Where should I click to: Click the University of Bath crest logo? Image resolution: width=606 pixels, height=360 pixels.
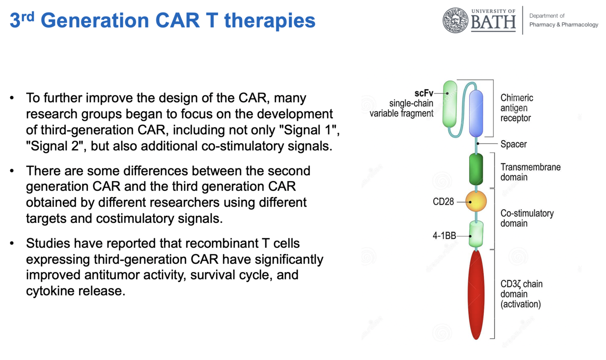coord(455,20)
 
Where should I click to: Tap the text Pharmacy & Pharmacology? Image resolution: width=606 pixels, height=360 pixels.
coord(564,25)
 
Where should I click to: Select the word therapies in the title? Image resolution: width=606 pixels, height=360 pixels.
coord(270,21)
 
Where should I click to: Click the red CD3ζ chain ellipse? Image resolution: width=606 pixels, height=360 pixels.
coord(476,294)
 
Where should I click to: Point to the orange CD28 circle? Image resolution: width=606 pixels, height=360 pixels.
coord(476,201)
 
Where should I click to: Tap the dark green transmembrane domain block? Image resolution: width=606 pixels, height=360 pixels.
coord(476,169)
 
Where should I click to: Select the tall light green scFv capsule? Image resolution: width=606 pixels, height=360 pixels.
coord(450,104)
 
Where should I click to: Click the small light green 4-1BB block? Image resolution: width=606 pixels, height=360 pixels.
coord(476,234)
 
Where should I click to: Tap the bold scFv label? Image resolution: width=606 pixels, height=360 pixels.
coord(424,93)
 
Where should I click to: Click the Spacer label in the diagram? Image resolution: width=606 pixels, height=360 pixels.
coord(513,144)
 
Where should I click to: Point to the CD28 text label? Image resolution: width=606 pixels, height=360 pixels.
coord(443,202)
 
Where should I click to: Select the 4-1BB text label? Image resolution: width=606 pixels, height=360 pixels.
coord(444,236)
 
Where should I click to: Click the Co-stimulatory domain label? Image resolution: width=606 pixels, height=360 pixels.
coord(527,218)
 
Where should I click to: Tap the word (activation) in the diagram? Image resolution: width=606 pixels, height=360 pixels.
coord(521,304)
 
